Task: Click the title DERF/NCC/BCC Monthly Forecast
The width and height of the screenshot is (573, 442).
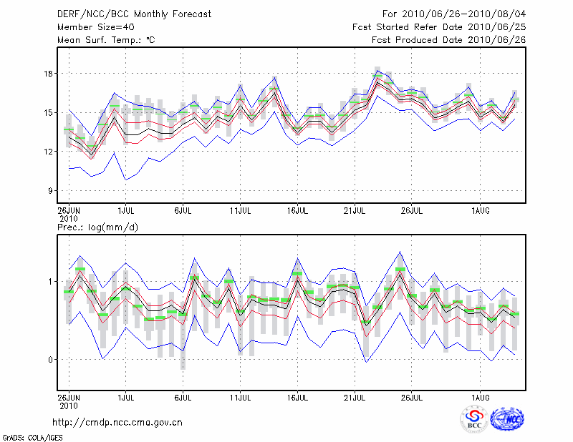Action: click(x=135, y=14)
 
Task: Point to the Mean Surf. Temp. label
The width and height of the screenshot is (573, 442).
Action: click(x=106, y=40)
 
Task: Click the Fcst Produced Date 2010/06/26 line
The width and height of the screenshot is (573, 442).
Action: click(x=448, y=40)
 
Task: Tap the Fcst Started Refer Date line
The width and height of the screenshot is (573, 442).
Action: click(x=439, y=26)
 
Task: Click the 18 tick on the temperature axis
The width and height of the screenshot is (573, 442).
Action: click(x=48, y=74)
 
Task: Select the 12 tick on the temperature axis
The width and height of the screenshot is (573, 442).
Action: click(x=48, y=152)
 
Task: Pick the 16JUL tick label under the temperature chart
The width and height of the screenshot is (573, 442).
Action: click(x=298, y=210)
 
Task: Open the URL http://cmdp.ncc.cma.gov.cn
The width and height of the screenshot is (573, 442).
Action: click(x=117, y=423)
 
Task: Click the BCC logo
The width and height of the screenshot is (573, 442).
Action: click(x=473, y=418)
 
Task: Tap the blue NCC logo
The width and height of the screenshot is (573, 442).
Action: click(x=506, y=420)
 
